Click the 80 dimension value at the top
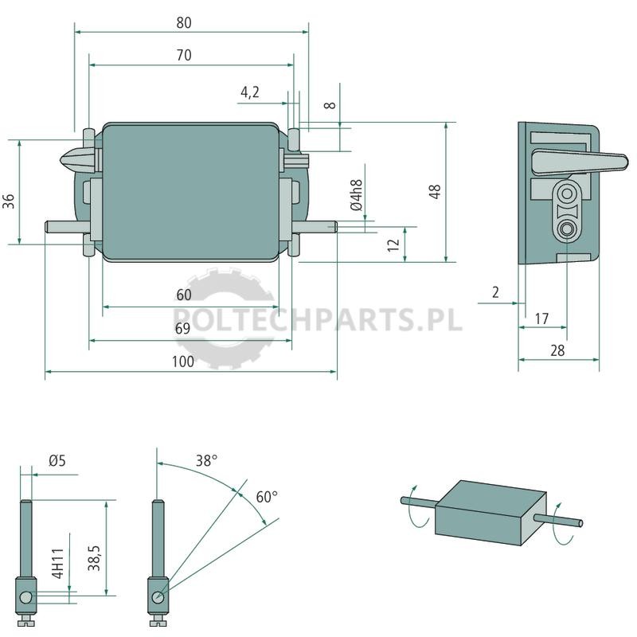click(184, 23)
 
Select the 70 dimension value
click(184, 55)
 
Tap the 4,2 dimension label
click(249, 92)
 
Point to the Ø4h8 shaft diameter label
click(356, 195)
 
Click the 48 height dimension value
click(435, 191)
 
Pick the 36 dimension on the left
click(9, 201)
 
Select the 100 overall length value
click(183, 361)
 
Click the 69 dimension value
click(182, 328)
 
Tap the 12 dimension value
click(393, 244)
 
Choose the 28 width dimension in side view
click(557, 350)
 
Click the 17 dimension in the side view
click(541, 318)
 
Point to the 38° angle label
click(206, 461)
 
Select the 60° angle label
click(267, 496)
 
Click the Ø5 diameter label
click(57, 461)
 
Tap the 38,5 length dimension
click(94, 557)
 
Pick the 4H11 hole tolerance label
click(58, 563)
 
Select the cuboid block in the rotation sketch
click(490, 513)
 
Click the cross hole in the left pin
click(25, 596)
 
